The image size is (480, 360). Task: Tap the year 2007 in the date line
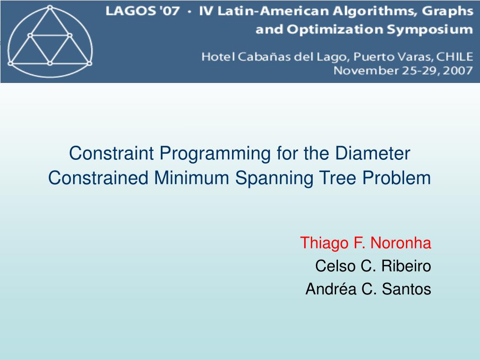point(457,71)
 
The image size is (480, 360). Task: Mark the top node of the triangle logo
point(50,8)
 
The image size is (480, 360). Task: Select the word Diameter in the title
point(372,153)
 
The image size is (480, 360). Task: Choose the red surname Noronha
point(400,243)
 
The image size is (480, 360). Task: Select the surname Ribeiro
point(406,266)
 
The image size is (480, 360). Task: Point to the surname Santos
point(406,289)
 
